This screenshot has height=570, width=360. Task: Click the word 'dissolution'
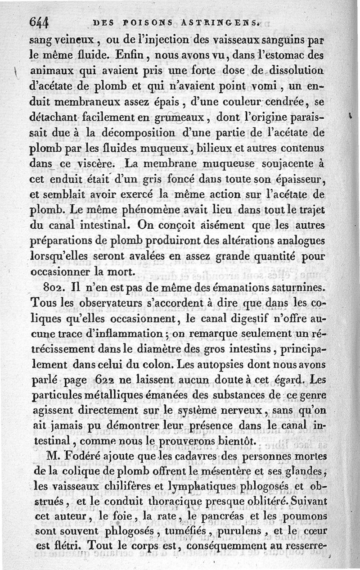(300, 71)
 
